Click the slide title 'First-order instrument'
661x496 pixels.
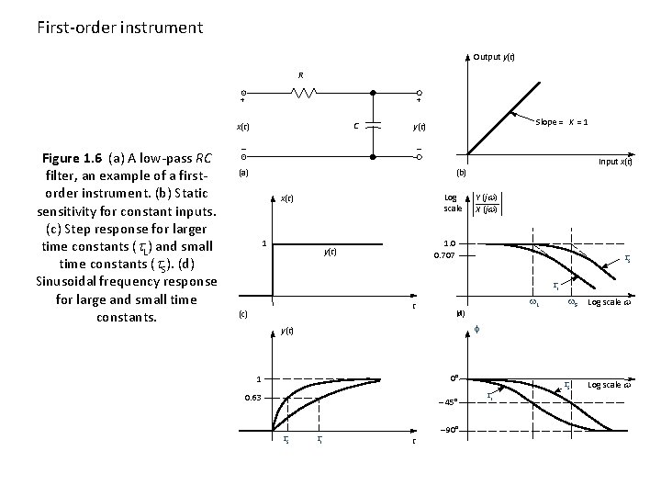[120, 27]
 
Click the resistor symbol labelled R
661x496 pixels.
[304, 93]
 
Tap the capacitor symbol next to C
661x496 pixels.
[373, 126]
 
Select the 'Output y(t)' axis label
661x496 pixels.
[493, 57]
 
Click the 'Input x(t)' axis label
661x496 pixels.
[620, 162]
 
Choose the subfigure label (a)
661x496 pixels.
[243, 172]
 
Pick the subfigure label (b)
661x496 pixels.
[461, 172]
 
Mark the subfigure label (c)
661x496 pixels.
[243, 313]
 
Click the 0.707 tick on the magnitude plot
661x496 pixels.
[445, 255]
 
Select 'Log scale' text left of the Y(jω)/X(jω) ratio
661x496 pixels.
[453, 202]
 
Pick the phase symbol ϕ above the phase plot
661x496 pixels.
[488, 329]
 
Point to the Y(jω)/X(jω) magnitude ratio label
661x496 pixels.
[492, 202]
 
